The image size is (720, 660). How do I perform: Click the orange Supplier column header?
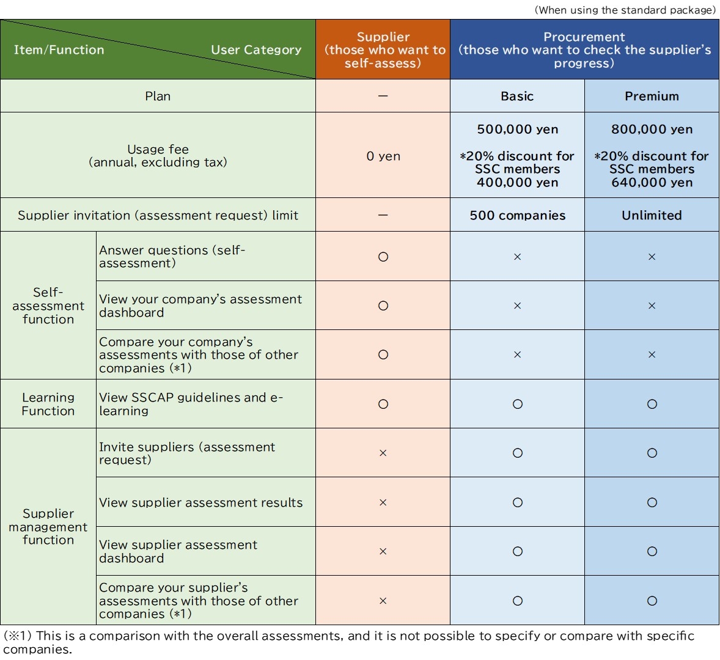[x=383, y=50]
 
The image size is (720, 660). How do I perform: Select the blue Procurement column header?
[x=584, y=50]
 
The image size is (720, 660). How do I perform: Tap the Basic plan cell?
[x=517, y=96]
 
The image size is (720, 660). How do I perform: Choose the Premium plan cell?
[x=652, y=96]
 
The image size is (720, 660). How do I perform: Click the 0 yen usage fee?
[x=383, y=156]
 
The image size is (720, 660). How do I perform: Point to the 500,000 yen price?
[x=517, y=130]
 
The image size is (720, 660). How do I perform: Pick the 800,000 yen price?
[x=652, y=130]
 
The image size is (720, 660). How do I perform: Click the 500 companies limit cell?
[x=517, y=215]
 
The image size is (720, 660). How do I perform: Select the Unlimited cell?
[x=652, y=215]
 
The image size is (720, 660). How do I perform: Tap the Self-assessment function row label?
[x=48, y=306]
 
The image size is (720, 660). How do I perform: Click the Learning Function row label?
[x=48, y=404]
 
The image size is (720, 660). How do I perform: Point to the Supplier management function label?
[x=48, y=527]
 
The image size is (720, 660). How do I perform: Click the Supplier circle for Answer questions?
[x=383, y=257]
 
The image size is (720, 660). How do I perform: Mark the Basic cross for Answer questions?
[x=517, y=257]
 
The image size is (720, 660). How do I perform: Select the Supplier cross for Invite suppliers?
[x=383, y=453]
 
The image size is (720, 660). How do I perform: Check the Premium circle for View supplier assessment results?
[x=652, y=502]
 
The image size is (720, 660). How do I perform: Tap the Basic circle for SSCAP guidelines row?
[x=517, y=404]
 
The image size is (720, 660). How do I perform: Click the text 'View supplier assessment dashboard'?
[x=178, y=551]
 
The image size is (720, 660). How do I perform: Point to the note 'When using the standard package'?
[x=625, y=10]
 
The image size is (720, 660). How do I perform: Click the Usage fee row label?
[x=158, y=156]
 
